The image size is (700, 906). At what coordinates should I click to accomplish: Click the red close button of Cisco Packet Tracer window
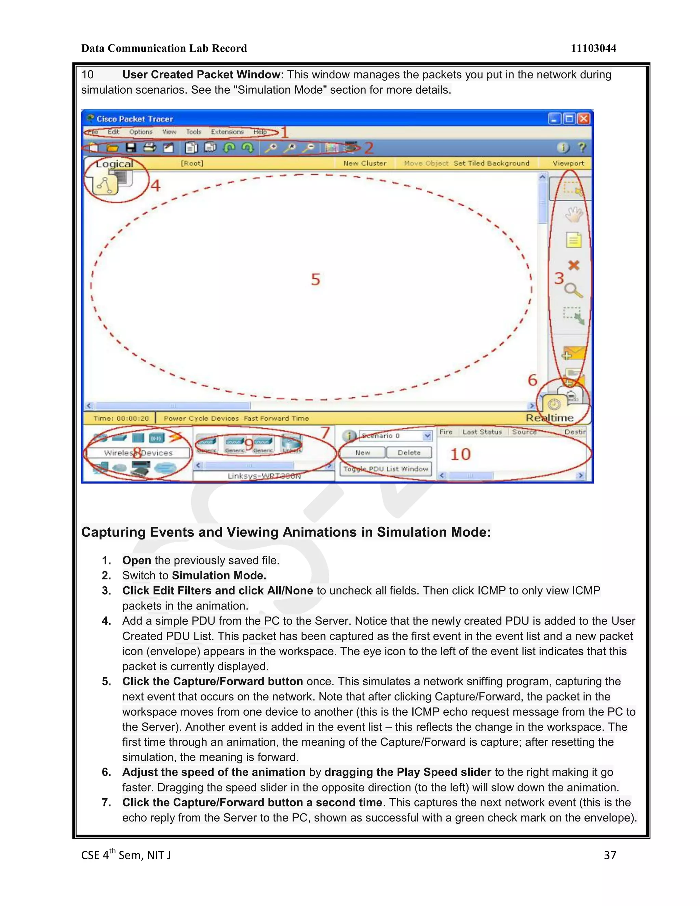pos(583,119)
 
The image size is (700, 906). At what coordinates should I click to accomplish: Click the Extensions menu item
pos(227,132)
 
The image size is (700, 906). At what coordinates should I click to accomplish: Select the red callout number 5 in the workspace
pos(315,279)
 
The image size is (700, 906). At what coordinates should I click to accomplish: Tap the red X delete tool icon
pos(574,265)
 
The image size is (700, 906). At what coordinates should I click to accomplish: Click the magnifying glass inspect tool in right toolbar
pos(574,290)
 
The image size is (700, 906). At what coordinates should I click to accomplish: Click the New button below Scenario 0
pos(362,453)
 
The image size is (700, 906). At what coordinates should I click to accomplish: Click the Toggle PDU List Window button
pos(386,469)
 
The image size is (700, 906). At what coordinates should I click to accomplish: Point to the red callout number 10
pos(460,454)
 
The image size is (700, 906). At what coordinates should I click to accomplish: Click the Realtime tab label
pos(550,418)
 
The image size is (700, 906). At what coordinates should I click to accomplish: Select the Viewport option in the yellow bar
pos(568,163)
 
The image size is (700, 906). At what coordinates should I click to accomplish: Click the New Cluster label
pos(364,163)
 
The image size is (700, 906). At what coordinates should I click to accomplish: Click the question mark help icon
pos(582,148)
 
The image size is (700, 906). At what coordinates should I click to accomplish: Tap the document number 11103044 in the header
pos(593,49)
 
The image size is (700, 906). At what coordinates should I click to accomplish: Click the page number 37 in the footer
pos(610,855)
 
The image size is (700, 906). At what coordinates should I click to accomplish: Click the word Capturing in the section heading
pos(113,532)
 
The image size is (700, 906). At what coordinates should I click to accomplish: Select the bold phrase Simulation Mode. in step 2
pos(219,575)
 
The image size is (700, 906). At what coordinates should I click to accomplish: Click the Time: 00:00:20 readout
pos(121,418)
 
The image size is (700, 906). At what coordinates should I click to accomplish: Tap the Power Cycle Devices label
pos(201,418)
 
